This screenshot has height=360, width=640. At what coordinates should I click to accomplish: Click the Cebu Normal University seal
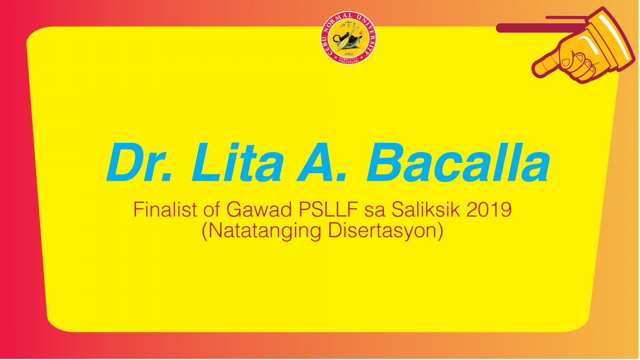tap(348, 38)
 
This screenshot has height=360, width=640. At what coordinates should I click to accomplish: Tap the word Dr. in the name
tap(139, 162)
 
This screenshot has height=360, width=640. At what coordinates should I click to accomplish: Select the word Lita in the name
tap(237, 162)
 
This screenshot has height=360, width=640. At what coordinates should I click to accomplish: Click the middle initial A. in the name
tap(322, 162)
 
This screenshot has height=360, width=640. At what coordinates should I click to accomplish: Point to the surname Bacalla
tap(458, 162)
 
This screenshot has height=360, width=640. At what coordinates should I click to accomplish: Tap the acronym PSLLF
tap(328, 210)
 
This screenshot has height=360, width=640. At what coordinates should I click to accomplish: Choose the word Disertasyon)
tap(386, 231)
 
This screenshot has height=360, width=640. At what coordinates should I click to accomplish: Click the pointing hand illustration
tap(583, 45)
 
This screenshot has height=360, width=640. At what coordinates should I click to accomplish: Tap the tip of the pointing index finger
tap(534, 71)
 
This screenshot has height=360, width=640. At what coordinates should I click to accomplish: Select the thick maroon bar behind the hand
tap(539, 28)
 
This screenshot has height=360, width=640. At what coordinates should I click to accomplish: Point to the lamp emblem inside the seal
tap(348, 38)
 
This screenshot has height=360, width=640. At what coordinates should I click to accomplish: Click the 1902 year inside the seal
tap(348, 54)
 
